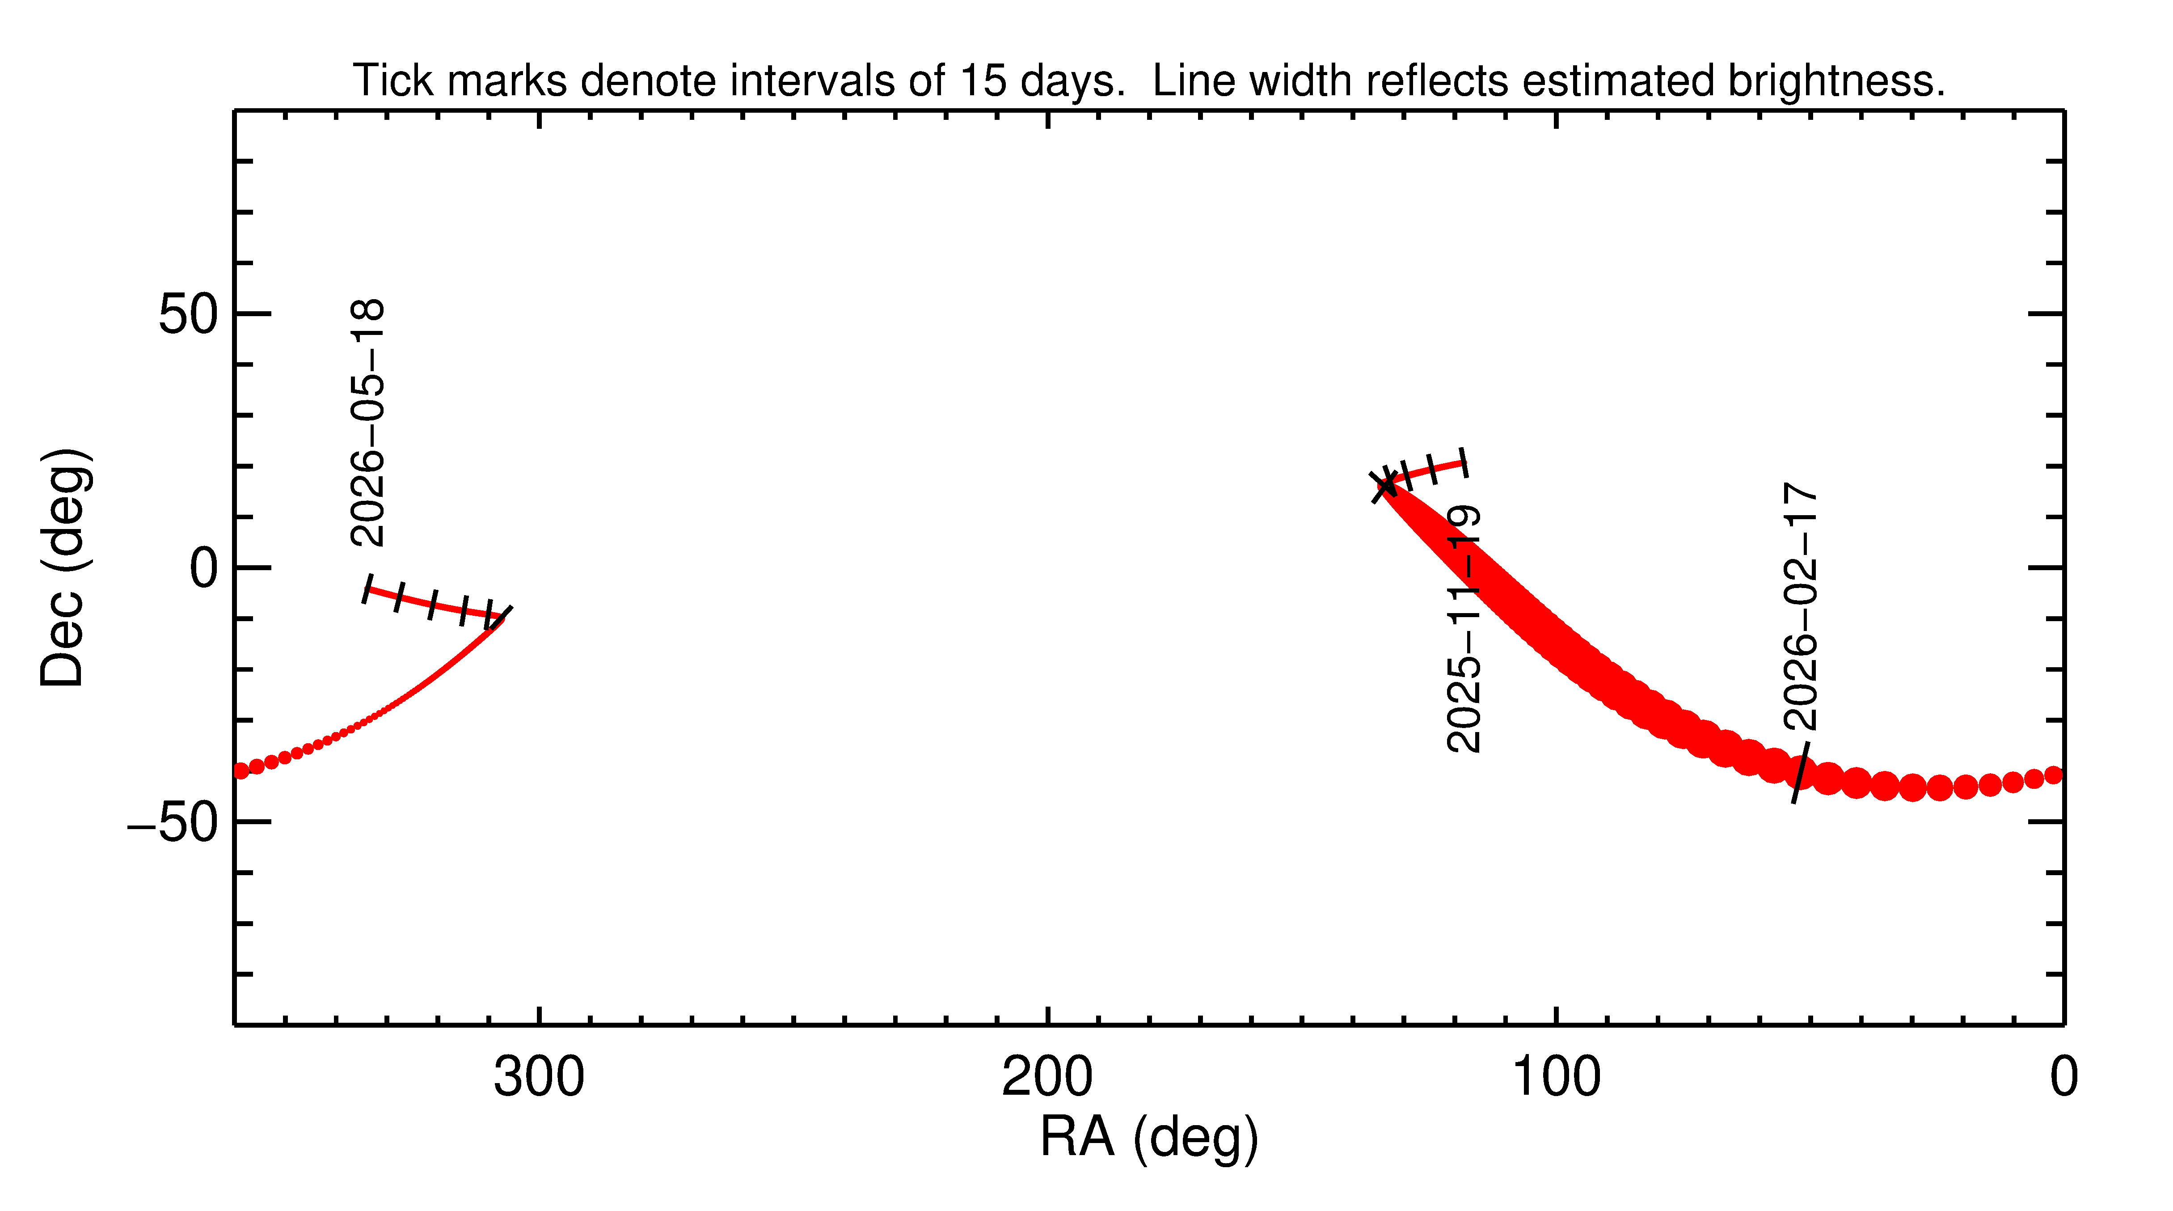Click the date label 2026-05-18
[x=368, y=422]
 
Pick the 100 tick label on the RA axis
[x=1556, y=1078]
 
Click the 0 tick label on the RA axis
[x=2063, y=1078]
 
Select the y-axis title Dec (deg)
[x=63, y=567]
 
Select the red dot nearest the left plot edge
[x=241, y=771]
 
